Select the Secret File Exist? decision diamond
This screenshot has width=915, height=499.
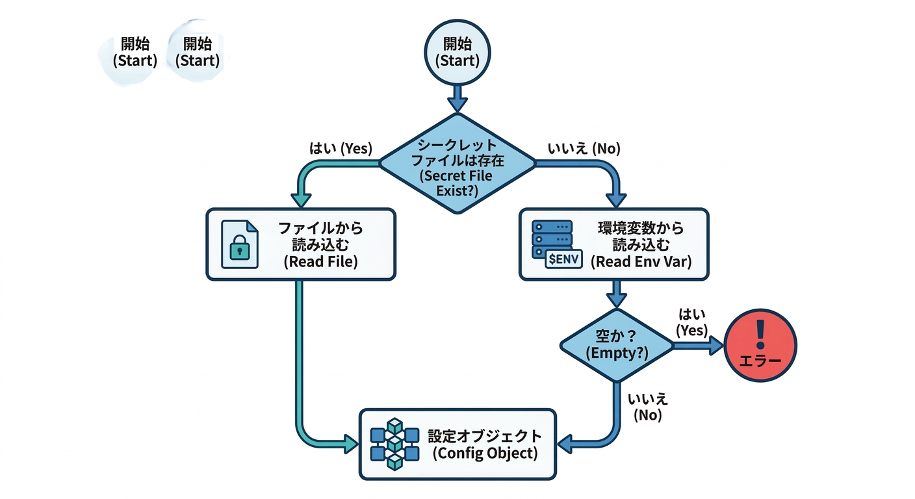click(457, 164)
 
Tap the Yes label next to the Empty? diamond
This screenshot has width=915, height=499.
click(691, 322)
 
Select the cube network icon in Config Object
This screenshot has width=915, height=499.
click(394, 444)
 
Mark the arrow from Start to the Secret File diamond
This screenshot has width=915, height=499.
click(457, 99)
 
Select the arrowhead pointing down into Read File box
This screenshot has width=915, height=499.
click(300, 198)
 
